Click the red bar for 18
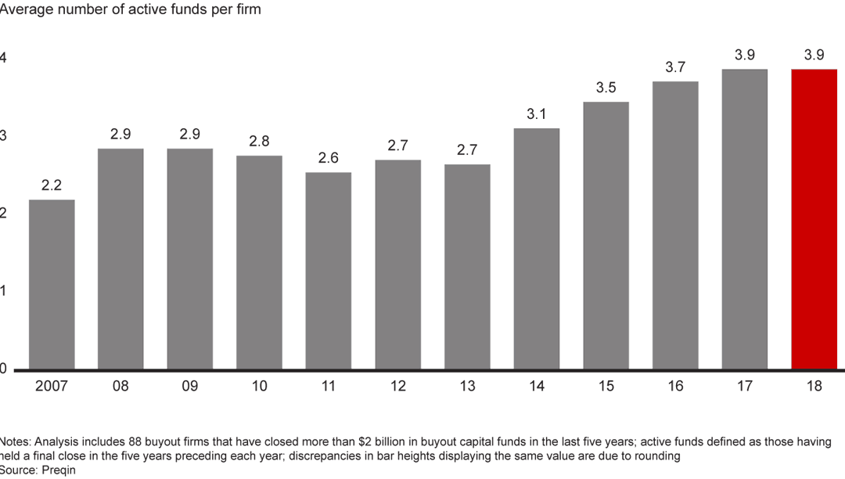click(814, 219)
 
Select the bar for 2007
click(52, 284)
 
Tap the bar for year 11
click(329, 271)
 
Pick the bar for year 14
click(536, 248)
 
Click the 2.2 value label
click(52, 185)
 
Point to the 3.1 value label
click(536, 114)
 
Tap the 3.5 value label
click(606, 88)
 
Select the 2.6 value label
click(329, 158)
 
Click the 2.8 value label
click(259, 142)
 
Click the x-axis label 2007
click(52, 386)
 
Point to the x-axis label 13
click(467, 386)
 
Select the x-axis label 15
click(606, 386)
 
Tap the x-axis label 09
click(190, 386)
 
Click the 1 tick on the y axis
click(3, 291)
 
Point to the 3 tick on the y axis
click(3, 135)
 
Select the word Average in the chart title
click(26, 10)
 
